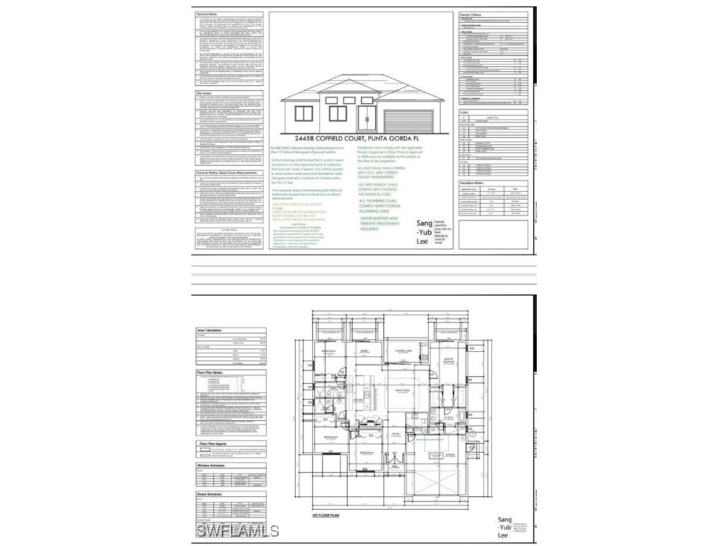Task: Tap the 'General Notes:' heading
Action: tap(208, 14)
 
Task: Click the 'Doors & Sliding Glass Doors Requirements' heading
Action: tap(226, 173)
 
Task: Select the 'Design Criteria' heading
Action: tap(476, 14)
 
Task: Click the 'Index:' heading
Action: tap(465, 112)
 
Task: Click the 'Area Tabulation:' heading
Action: tap(210, 331)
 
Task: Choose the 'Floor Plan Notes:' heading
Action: tap(211, 372)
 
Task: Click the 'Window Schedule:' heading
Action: tap(210, 466)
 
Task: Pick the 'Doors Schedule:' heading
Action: tap(210, 493)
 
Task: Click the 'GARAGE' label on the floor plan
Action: tap(450, 454)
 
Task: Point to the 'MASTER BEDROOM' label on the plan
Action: tap(449, 360)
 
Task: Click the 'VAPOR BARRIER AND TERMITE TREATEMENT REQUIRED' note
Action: tap(379, 224)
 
